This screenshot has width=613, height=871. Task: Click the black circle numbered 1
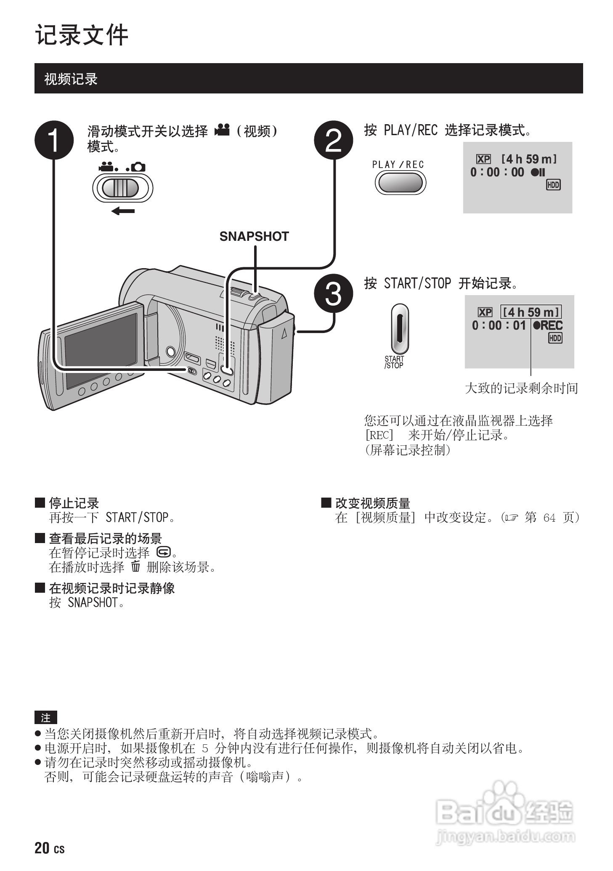pos(54,140)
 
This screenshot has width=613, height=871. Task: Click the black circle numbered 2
pos(334,140)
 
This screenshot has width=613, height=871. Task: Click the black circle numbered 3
pos(334,293)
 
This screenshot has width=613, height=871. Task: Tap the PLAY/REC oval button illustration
pos(400,183)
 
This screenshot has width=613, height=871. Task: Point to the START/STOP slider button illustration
pos(400,329)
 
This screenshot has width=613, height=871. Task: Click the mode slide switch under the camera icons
pos(122,188)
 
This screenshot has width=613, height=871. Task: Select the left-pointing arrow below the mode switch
pos(123,211)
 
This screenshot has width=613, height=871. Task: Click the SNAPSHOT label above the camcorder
pos(254,237)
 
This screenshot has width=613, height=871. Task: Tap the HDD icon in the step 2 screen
pos(553,184)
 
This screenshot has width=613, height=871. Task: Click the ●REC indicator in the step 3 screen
pos(547,325)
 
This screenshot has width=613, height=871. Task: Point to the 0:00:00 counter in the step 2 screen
pos(497,172)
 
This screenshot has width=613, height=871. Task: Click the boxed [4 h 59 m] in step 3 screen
pos(531,312)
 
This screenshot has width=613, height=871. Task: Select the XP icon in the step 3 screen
pos(485,312)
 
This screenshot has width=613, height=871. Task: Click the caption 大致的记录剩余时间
pos(521,388)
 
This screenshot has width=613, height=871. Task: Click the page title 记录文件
pos(82,35)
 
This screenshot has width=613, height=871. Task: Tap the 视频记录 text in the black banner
pos(71,79)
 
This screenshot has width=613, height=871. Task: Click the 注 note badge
pos(45,718)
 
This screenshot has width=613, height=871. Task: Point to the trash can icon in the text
pos(135,567)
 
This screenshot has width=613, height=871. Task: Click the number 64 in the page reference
pos(549,517)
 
